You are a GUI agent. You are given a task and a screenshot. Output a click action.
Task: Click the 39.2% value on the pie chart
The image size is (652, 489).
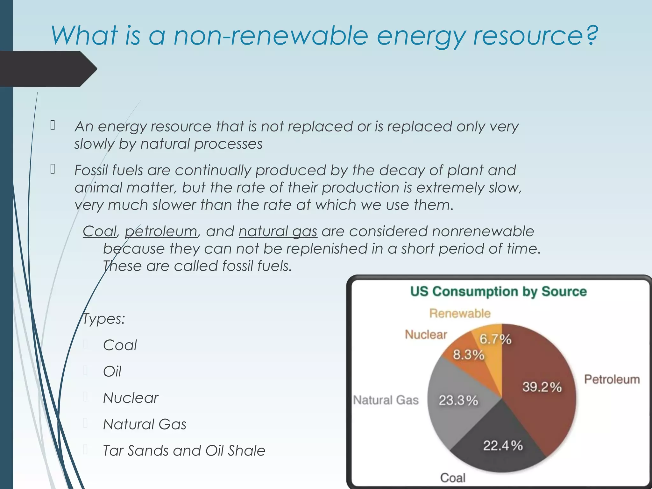point(542,387)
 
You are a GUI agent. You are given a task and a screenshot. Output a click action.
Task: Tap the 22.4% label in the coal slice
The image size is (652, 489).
point(503,445)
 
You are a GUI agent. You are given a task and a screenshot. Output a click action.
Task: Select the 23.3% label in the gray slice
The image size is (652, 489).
point(458,400)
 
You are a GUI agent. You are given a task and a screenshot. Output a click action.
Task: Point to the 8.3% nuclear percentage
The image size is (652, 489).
point(468,354)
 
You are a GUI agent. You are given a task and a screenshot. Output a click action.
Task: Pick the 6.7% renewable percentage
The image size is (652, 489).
point(495,339)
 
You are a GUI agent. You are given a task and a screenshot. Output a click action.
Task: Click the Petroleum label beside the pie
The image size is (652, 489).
point(612,379)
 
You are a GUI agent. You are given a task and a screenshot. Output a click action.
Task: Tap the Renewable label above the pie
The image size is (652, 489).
point(460,313)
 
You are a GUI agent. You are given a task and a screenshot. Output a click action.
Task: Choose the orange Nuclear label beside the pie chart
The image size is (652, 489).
point(426,334)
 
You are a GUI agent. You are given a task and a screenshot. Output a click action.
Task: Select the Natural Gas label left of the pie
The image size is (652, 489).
point(386,400)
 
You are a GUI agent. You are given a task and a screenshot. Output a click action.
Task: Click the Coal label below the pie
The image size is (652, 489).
point(452,478)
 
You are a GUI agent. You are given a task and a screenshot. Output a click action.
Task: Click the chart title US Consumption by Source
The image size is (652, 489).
point(498,291)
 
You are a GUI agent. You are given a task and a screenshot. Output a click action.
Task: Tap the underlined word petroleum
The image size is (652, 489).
point(161,231)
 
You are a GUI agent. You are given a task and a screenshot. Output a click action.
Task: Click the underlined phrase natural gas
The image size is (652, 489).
point(278,231)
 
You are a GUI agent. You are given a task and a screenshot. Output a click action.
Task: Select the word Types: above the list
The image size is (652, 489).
point(104,319)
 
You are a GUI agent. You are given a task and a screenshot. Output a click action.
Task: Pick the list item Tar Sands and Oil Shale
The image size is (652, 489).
point(184,450)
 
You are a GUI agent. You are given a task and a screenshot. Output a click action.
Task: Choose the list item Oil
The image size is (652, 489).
point(112,371)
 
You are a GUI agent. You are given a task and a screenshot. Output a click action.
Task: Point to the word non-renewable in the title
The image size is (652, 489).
point(271,36)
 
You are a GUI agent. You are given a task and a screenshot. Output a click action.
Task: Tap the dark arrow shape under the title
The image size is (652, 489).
point(48,69)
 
